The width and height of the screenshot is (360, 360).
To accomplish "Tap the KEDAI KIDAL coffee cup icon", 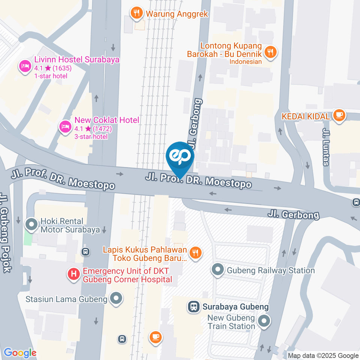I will click(x=339, y=115).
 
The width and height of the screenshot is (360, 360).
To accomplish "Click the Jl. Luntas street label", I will click(x=325, y=146).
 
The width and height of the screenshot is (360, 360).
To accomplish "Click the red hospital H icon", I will click(x=73, y=274).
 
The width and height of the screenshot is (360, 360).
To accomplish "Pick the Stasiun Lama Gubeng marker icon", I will click(x=117, y=299).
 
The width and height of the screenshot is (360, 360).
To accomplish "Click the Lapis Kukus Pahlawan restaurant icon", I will click(x=195, y=253).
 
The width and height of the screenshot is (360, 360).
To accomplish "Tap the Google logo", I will click(x=20, y=353).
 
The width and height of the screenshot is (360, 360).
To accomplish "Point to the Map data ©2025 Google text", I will click(x=323, y=355).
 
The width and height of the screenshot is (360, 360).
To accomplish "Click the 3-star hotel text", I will click(x=91, y=136).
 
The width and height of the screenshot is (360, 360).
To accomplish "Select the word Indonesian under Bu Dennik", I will click(x=246, y=61).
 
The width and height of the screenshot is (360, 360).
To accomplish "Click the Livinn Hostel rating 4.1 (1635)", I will click(x=53, y=68).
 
